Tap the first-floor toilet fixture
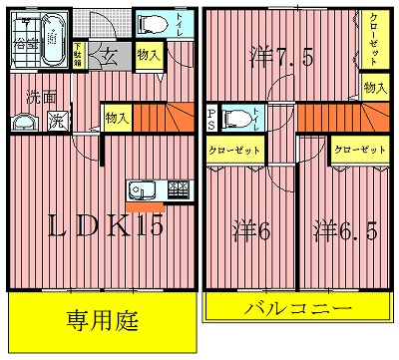point(152,25)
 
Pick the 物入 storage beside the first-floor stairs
point(116,119)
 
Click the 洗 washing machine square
point(58,122)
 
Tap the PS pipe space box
point(211,119)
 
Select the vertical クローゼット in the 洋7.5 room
point(370,39)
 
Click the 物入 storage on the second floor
point(374,88)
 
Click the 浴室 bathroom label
point(23,43)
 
